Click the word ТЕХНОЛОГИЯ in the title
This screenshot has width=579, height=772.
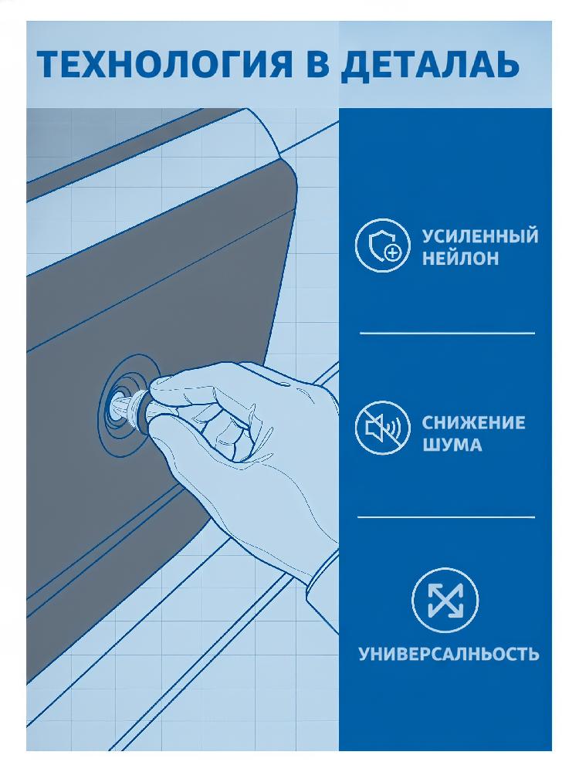pos(165,65)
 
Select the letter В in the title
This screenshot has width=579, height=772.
pos(317,65)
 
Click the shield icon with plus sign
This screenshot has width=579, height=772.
pos(383,245)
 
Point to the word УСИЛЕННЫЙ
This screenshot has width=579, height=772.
pos(480,235)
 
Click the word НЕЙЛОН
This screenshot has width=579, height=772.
pos(460,258)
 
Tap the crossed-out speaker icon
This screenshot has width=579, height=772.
pos(383,427)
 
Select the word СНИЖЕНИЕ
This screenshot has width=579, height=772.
pos(473,422)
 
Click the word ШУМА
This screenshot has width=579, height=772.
pos(452,445)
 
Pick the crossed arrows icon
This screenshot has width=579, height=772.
pos(445,600)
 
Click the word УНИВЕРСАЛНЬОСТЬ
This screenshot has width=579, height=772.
pos(449,655)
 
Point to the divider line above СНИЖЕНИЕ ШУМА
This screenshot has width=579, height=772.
pos(447,334)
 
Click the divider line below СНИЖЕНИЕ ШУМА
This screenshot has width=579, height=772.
pos(446,517)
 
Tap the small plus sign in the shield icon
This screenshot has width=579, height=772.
pos(392,253)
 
